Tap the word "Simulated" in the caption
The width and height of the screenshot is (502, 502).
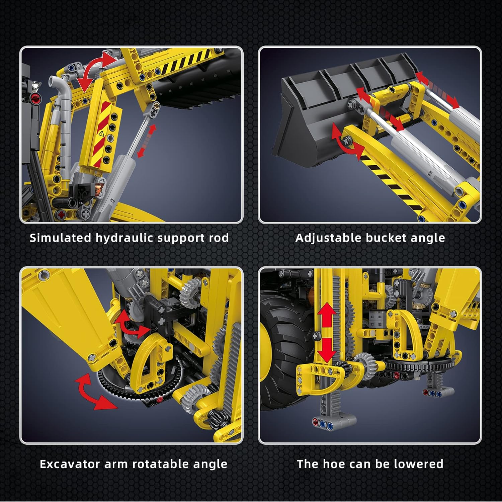click(60, 238)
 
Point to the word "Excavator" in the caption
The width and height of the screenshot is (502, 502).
click(70, 464)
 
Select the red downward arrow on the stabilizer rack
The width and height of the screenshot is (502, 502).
click(327, 350)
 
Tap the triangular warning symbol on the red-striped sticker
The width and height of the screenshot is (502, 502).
click(101, 134)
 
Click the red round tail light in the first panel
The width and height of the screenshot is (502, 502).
click(35, 98)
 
